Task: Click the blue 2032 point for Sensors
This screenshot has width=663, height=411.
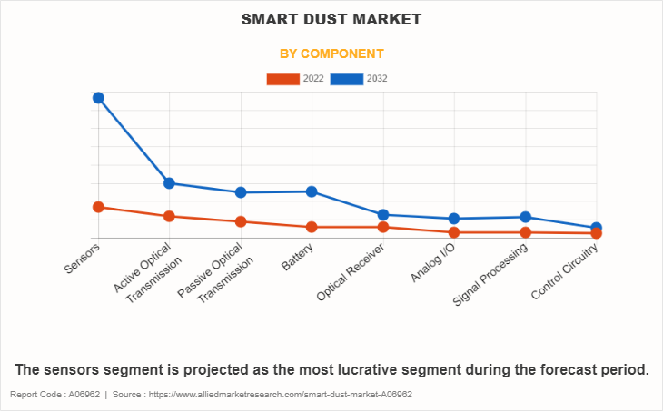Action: pos(98,98)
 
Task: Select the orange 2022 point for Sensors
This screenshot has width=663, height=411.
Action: pos(98,207)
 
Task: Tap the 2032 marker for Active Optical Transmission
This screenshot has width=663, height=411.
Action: pos(169,183)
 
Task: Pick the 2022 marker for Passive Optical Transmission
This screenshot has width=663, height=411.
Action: pos(241,221)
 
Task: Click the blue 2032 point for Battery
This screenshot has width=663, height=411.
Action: pos(312,191)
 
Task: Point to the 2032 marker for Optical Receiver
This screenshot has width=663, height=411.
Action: pos(383,215)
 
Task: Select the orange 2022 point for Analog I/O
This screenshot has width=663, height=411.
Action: pos(454,232)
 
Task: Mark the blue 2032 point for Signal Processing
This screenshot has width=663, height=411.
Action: pos(525,217)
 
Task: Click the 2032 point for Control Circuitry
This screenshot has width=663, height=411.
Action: pos(597,228)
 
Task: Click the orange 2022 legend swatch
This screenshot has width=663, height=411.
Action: pos(282,79)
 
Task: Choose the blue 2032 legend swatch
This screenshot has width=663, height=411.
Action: pos(347,79)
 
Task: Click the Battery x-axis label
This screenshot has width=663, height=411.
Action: pos(298,257)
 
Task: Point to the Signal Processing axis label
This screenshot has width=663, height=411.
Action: pos(490,274)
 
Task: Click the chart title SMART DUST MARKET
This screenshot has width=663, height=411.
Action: pos(331,18)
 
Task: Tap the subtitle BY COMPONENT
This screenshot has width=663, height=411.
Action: pos(331,54)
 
